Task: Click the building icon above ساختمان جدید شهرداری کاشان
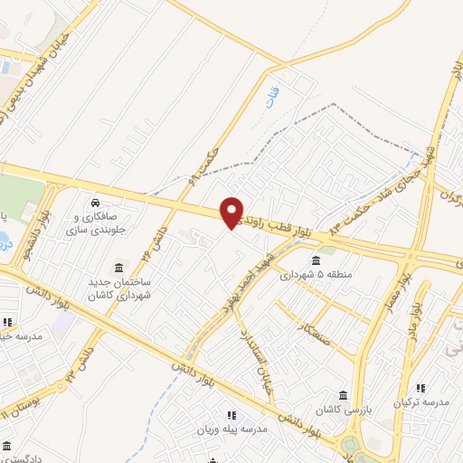tap(118, 269)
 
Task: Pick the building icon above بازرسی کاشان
tap(343, 394)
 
